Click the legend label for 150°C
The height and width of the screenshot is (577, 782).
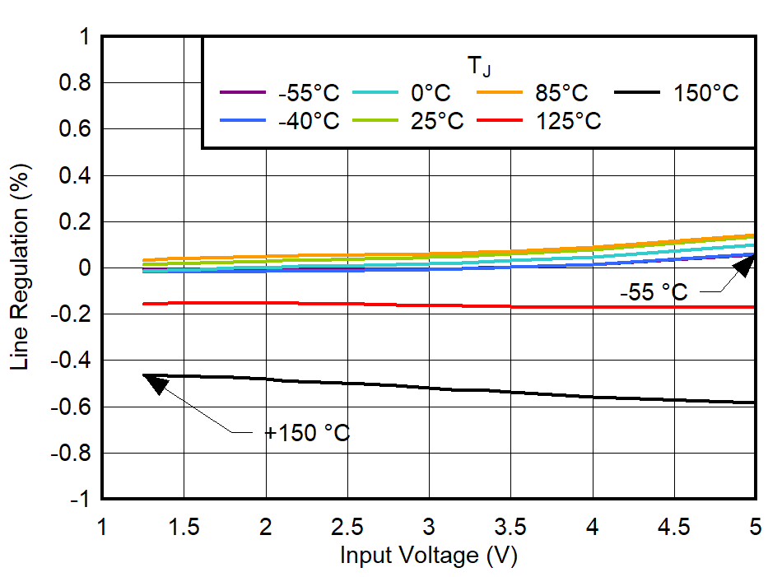[x=706, y=93]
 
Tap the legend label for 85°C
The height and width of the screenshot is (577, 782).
[x=562, y=93]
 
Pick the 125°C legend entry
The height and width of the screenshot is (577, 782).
[x=569, y=121]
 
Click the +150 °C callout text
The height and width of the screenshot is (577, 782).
[x=306, y=432]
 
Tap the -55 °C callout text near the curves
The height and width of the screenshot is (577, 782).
[x=653, y=291]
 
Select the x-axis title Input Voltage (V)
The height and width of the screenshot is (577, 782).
[x=429, y=556]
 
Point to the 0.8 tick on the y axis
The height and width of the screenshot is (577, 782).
[x=75, y=83]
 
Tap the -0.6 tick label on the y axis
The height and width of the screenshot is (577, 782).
[x=71, y=407]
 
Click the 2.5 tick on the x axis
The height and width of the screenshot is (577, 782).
[x=347, y=526]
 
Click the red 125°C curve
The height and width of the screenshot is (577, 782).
[x=428, y=305]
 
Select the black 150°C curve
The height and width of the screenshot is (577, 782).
[x=428, y=389]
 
